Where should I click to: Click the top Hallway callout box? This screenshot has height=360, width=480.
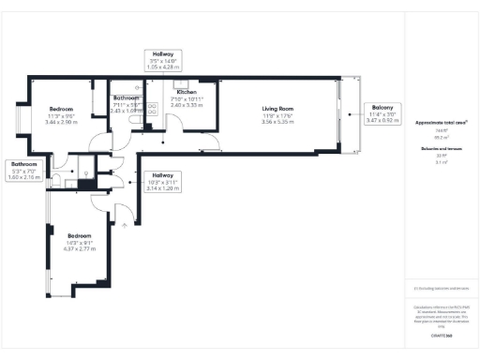coord(161,61)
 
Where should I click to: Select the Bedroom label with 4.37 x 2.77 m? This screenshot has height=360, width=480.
coord(79,235)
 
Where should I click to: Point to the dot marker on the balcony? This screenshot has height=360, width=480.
coord(350,114)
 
